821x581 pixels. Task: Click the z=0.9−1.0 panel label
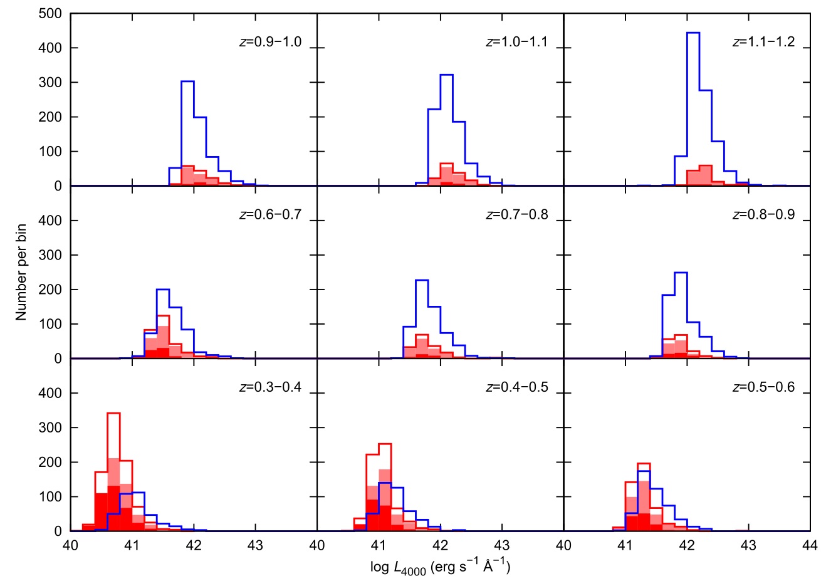pyautogui.click(x=270, y=43)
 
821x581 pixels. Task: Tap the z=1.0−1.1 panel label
pyautogui.click(x=517, y=43)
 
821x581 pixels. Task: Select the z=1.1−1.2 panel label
pyautogui.click(x=763, y=43)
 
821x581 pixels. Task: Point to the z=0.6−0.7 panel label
pyautogui.click(x=270, y=215)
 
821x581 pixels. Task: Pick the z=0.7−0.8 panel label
pyautogui.click(x=517, y=215)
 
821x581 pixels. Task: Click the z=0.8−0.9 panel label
pyautogui.click(x=763, y=215)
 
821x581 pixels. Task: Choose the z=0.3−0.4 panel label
pyautogui.click(x=270, y=387)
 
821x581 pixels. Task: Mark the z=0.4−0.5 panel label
pyautogui.click(x=517, y=387)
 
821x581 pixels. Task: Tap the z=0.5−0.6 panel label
pyautogui.click(x=763, y=387)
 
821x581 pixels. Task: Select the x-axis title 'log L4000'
pyautogui.click(x=440, y=568)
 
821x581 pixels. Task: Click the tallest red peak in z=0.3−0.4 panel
pyautogui.click(x=113, y=414)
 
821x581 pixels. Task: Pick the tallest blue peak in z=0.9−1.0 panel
pyautogui.click(x=187, y=81)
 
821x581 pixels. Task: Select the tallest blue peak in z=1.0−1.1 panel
pyautogui.click(x=446, y=75)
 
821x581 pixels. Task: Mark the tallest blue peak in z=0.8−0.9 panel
pyautogui.click(x=681, y=273)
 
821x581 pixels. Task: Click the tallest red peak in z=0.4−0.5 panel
pyautogui.click(x=385, y=444)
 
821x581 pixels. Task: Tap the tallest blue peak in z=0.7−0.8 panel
pyautogui.click(x=422, y=281)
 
